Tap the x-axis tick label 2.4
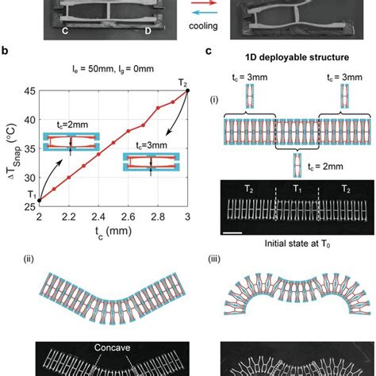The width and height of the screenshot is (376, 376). [x=98, y=226]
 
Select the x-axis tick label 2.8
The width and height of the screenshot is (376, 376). [x=157, y=226]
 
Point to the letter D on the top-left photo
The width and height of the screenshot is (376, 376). [x=148, y=32]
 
